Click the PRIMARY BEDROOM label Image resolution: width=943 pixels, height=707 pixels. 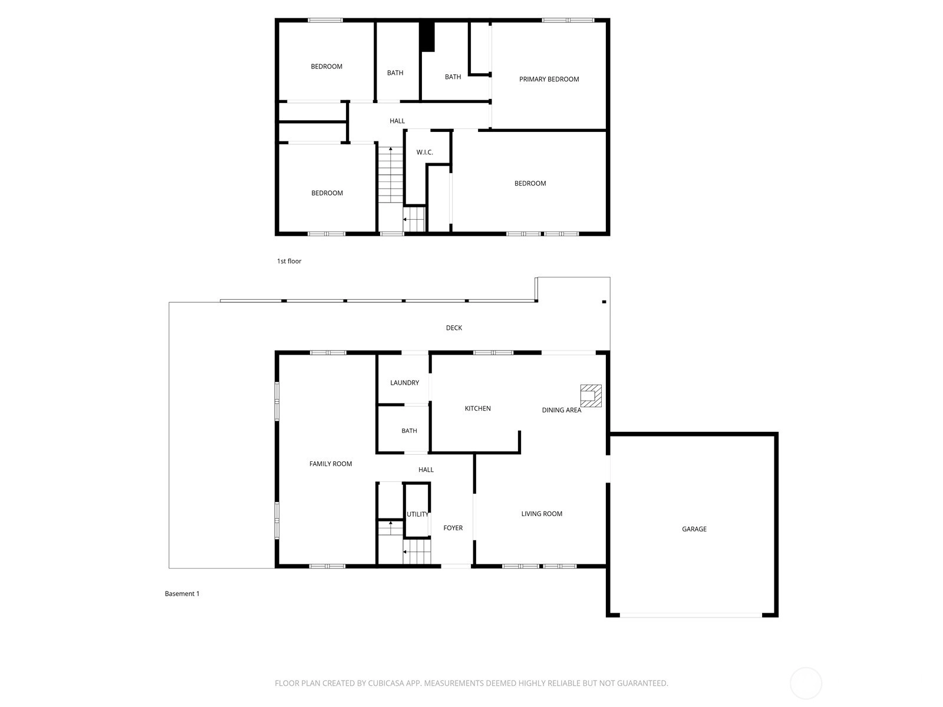click(549, 79)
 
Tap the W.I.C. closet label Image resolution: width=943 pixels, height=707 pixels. click(424, 153)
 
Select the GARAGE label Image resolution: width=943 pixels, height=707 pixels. click(694, 529)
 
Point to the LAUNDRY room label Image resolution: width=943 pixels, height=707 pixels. click(404, 382)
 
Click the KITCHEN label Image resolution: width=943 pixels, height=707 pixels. click(477, 408)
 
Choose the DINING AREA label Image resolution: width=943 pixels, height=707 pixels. click(561, 410)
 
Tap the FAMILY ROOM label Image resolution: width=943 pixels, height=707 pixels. click(331, 464)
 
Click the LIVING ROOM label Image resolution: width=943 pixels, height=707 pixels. click(541, 513)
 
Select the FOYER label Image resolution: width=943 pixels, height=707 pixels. click(453, 527)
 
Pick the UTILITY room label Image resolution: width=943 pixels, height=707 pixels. click(417, 514)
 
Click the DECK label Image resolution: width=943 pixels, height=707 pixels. click(454, 328)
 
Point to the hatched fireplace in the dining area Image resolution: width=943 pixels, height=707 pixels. click(591, 395)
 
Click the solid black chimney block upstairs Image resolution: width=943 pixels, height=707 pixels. click(427, 37)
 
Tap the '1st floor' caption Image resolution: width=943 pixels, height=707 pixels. click(289, 261)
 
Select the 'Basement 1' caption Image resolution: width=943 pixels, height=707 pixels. click(182, 593)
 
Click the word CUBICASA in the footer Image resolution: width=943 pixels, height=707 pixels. click(386, 683)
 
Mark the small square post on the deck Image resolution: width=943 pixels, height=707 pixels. click(604, 302)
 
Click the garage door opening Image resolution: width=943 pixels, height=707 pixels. click(691, 615)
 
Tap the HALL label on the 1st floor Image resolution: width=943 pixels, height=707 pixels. click(397, 121)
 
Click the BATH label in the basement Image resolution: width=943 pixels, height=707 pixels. click(409, 431)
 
